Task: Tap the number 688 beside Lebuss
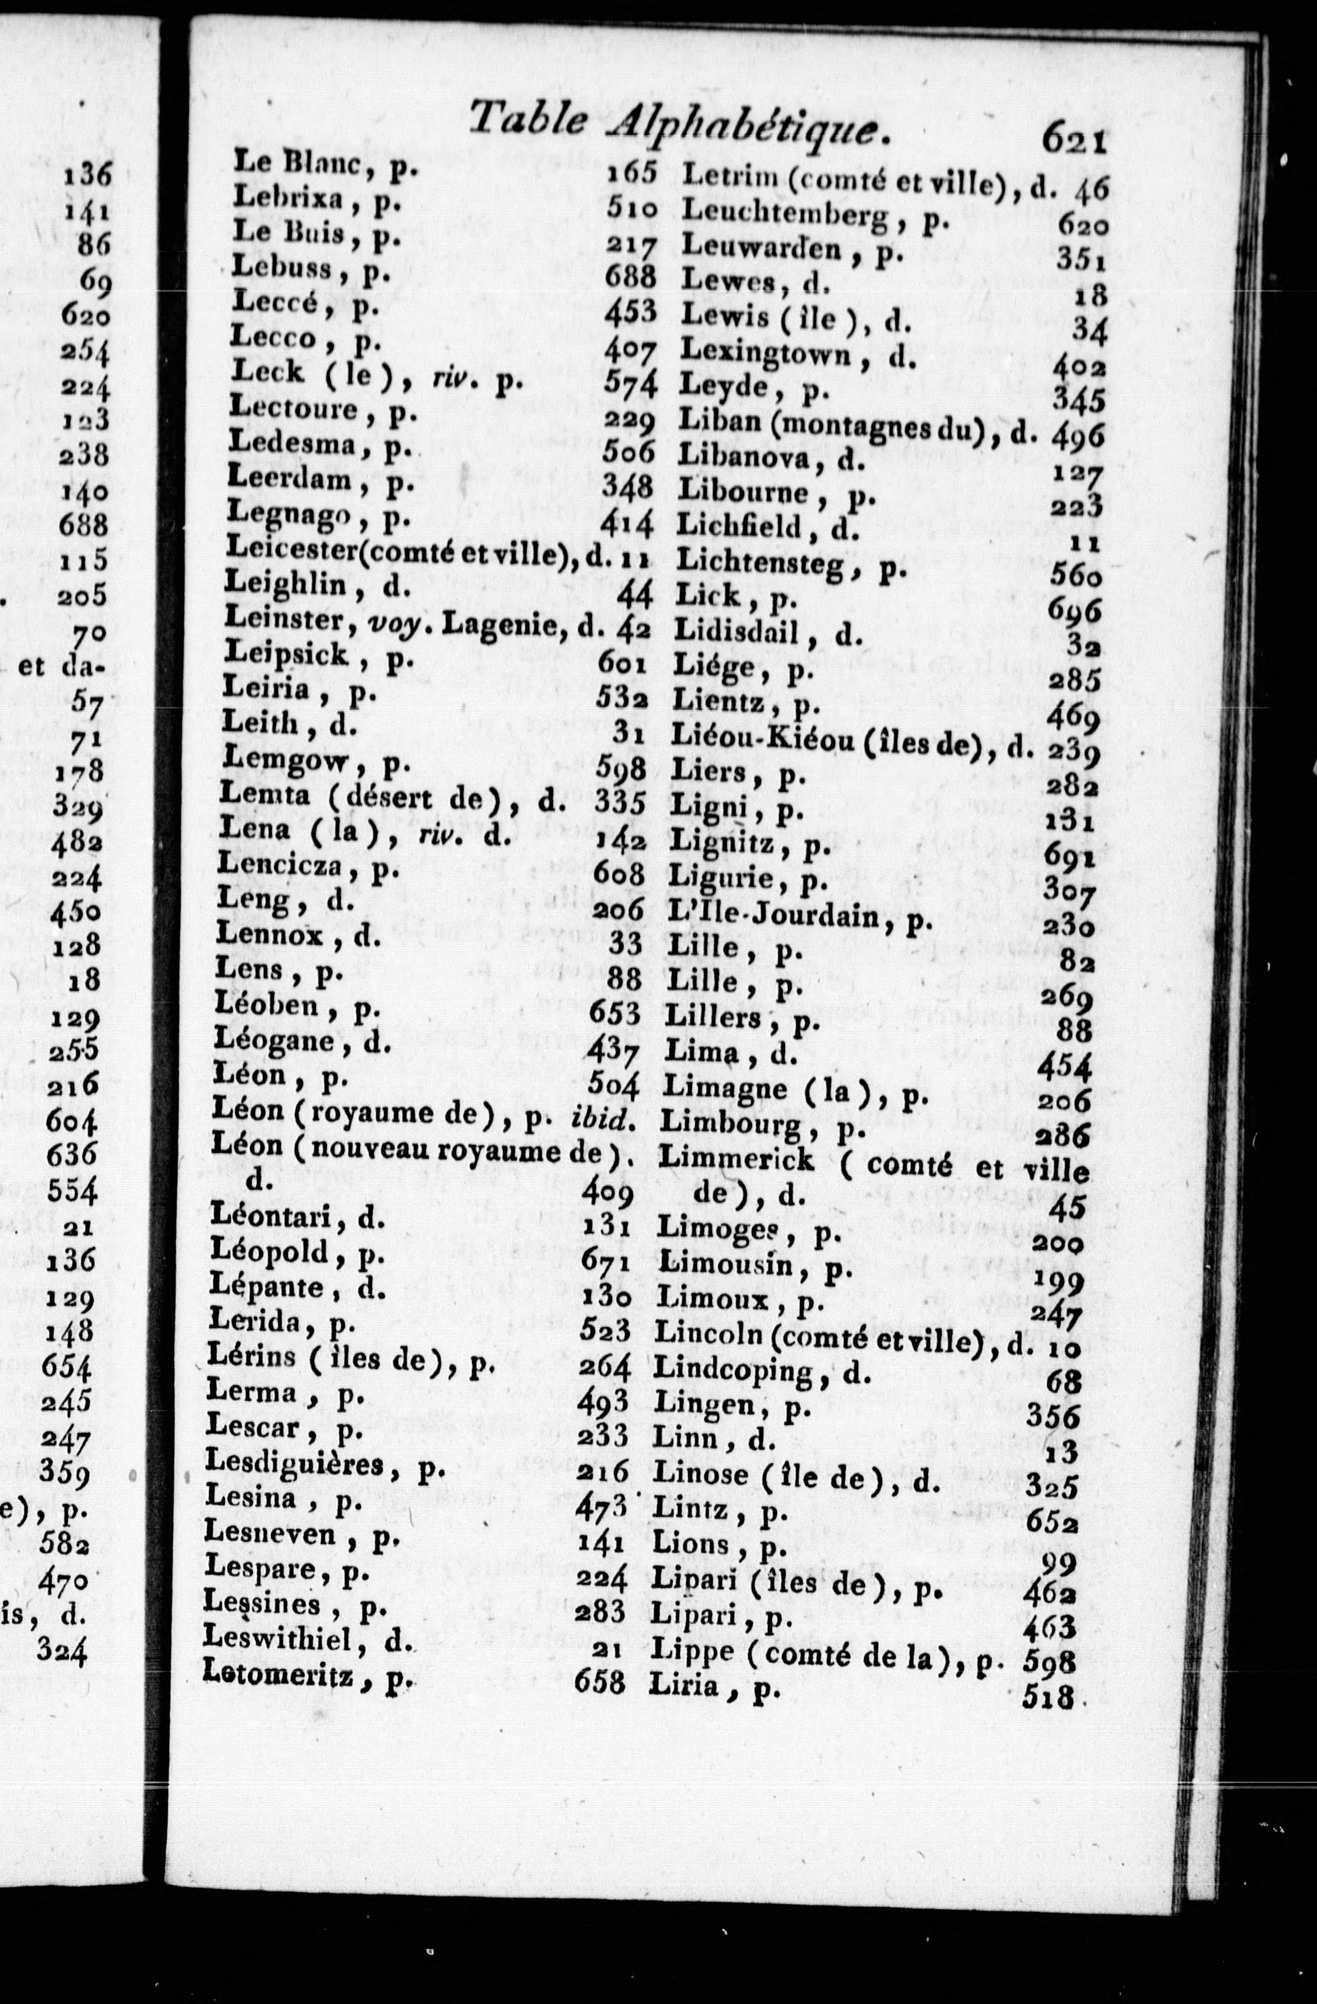[629, 276]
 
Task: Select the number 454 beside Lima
[1063, 1067]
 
